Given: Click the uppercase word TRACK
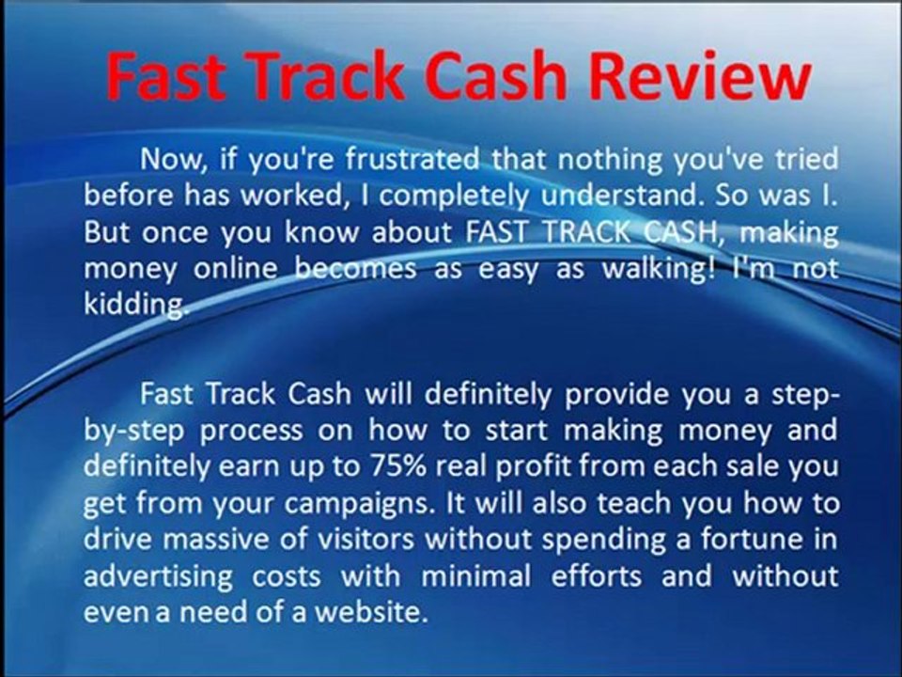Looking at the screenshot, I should click(x=586, y=231).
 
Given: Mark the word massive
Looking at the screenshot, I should click(x=209, y=539).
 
